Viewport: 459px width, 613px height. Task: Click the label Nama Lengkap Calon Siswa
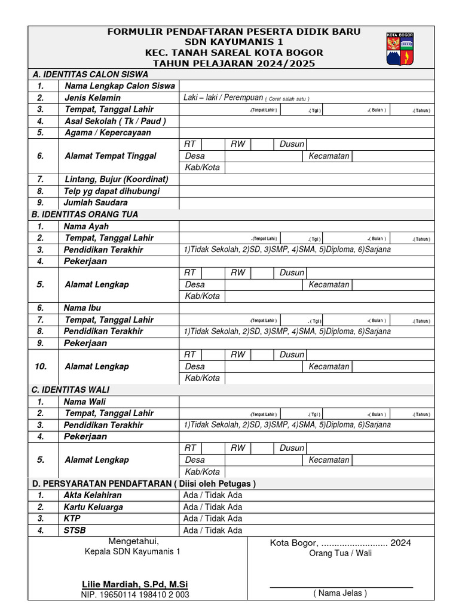(x=120, y=86)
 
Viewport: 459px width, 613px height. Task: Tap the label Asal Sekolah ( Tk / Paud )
(x=115, y=121)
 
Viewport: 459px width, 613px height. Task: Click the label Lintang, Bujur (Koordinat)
(x=116, y=179)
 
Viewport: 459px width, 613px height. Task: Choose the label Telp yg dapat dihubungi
(x=112, y=191)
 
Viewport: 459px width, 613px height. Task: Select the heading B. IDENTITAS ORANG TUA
(x=85, y=214)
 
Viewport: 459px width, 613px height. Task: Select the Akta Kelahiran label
(x=93, y=495)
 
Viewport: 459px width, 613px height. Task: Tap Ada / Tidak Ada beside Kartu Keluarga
(x=213, y=507)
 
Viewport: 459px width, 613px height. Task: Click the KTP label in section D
(x=72, y=518)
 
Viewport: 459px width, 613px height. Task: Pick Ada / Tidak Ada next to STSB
(x=213, y=530)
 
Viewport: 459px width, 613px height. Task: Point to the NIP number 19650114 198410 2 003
(x=135, y=594)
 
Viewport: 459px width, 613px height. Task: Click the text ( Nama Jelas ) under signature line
(x=340, y=593)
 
